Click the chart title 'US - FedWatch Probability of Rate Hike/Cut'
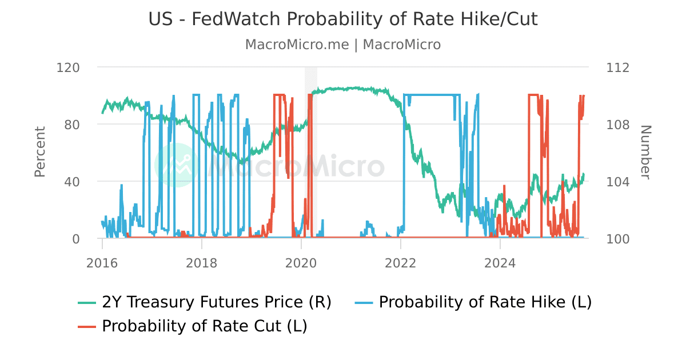coord(343,19)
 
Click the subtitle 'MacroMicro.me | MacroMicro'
coord(343,45)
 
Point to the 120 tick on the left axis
coord(68,67)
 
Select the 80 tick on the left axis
coord(72,125)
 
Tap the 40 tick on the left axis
coord(72,182)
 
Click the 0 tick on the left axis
coord(75,239)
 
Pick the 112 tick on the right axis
coord(617,67)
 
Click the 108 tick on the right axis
coord(617,125)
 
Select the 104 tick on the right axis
coord(617,182)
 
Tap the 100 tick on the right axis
coord(617,239)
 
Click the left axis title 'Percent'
coord(39,152)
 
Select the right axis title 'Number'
coord(645,152)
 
